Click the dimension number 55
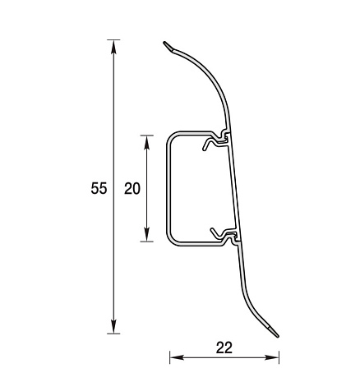pyautogui.click(x=99, y=188)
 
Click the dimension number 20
pyautogui.click(x=132, y=189)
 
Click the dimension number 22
pyautogui.click(x=224, y=347)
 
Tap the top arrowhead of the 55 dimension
pyautogui.click(x=113, y=47)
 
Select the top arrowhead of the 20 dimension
pyautogui.click(x=147, y=142)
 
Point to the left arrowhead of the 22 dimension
pyautogui.click(x=177, y=357)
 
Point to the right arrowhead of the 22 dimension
pyautogui.click(x=272, y=357)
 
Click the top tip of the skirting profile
pyautogui.click(x=164, y=43)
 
